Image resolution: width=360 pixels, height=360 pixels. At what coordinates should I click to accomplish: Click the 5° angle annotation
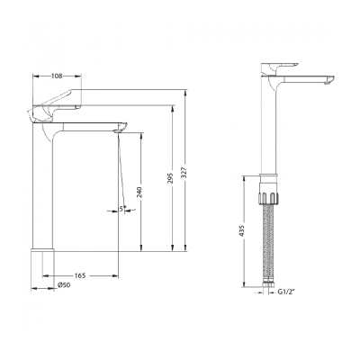pos(124,211)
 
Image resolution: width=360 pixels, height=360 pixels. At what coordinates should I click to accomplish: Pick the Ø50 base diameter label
pos(64,285)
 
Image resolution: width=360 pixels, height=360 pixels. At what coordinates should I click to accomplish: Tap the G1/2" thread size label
pos(285,292)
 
